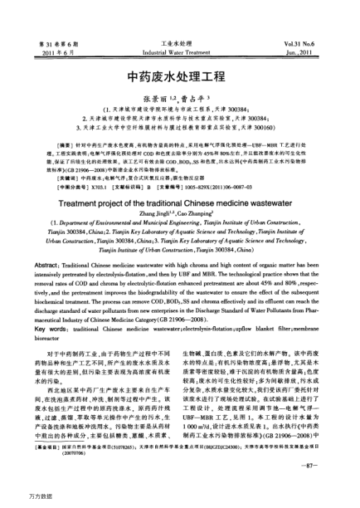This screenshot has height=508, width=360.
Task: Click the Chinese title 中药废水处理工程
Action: point(179,74)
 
